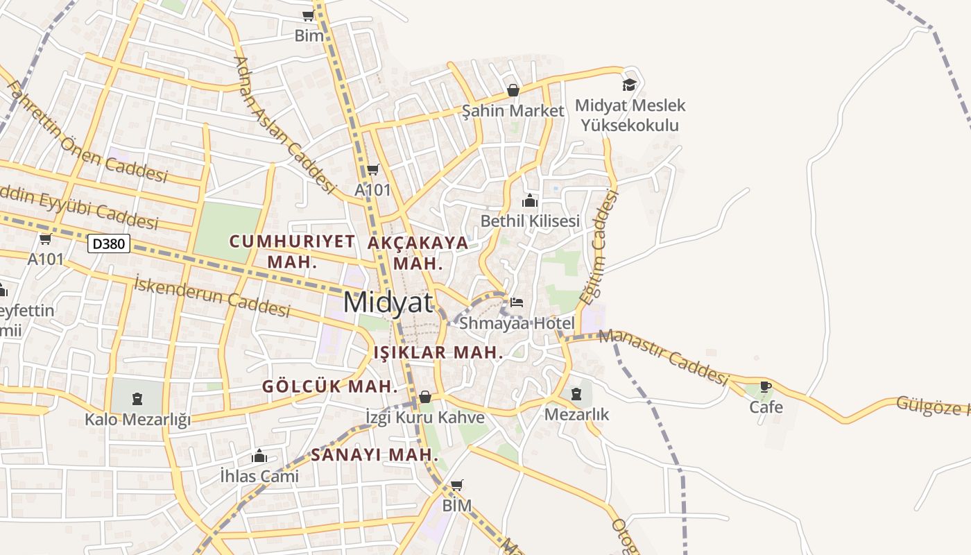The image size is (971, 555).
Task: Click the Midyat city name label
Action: tap(388, 302)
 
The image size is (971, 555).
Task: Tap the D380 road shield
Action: tap(110, 244)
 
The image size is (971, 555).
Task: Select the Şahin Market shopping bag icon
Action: tap(513, 90)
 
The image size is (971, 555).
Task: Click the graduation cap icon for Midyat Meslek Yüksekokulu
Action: tap(629, 85)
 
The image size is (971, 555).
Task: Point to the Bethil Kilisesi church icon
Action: tap(530, 201)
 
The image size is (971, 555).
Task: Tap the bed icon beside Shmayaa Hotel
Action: tap(517, 302)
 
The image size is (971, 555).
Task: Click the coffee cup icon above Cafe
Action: tap(766, 386)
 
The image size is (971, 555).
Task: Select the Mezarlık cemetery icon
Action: tap(576, 394)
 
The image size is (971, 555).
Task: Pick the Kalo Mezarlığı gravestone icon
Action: tap(137, 398)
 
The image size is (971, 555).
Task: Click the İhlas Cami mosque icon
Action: tap(259, 456)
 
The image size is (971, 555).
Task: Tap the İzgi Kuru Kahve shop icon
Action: tap(425, 397)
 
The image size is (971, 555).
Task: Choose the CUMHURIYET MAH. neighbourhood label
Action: tap(292, 251)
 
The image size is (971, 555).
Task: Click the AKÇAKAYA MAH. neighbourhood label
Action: tap(418, 253)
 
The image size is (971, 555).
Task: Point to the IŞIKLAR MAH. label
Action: tap(438, 352)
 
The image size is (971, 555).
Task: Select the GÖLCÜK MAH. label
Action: tap(330, 386)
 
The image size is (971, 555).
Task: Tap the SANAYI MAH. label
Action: tap(375, 455)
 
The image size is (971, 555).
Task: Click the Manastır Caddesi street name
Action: tap(664, 357)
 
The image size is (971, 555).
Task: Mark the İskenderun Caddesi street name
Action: tap(212, 295)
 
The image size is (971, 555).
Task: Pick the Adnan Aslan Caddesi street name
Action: tap(285, 124)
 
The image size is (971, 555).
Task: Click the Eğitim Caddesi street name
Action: tap(599, 248)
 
